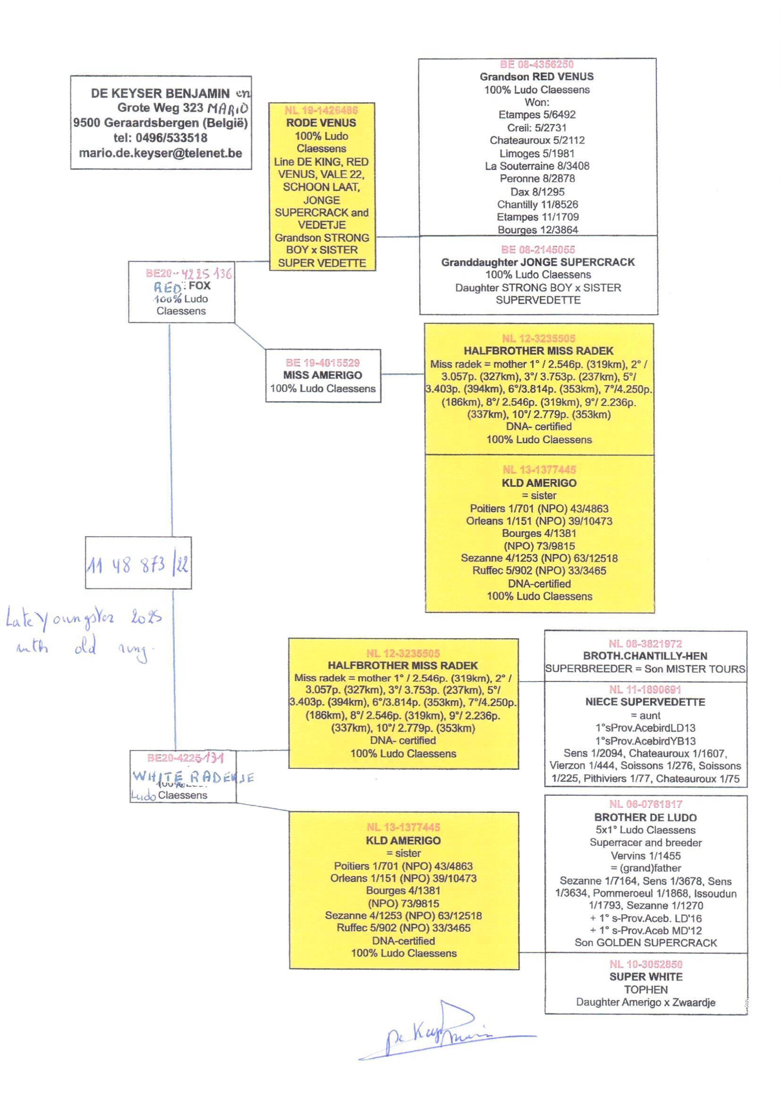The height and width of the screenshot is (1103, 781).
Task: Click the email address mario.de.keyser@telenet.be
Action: point(160,153)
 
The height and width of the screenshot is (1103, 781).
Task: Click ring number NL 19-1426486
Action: point(321,110)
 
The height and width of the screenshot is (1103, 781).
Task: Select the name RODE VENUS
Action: point(321,123)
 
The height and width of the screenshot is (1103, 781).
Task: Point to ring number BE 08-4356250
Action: point(537,64)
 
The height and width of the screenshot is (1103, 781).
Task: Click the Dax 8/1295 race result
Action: point(537,192)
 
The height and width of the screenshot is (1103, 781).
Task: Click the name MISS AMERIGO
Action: point(323,375)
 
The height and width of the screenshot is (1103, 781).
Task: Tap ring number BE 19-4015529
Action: point(323,363)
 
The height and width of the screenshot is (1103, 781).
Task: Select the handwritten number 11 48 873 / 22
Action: point(138,565)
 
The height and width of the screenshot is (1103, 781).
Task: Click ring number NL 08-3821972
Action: point(645,644)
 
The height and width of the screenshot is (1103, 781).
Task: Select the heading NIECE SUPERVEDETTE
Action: point(645,702)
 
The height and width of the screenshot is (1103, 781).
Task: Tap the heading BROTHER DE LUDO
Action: point(645,817)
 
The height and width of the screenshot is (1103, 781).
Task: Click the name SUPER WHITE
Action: point(645,977)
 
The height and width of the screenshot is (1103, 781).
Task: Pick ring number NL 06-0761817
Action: point(645,804)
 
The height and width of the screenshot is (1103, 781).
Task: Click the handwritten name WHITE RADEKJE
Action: point(192,777)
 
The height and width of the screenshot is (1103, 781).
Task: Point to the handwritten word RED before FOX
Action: point(167,287)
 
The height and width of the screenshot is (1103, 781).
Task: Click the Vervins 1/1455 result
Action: point(645,856)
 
